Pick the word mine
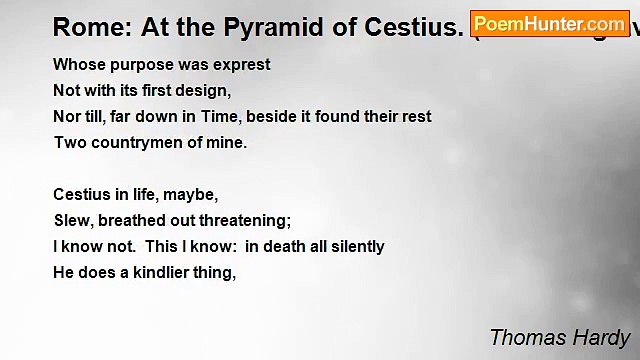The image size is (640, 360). [x=227, y=143]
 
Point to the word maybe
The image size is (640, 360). [x=191, y=195]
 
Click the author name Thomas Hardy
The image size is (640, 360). [x=560, y=336]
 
